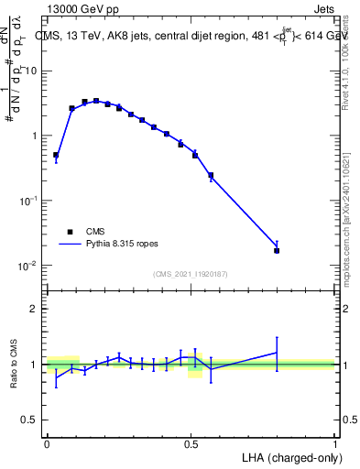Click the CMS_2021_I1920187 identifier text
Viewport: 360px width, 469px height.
click(190, 274)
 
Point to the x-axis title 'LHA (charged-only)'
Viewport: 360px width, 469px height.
click(289, 456)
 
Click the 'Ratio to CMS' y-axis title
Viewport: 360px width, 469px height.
click(14, 365)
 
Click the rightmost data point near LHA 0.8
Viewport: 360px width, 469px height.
click(277, 250)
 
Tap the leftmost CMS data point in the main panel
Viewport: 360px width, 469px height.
click(56, 156)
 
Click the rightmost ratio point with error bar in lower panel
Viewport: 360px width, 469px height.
click(277, 353)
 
